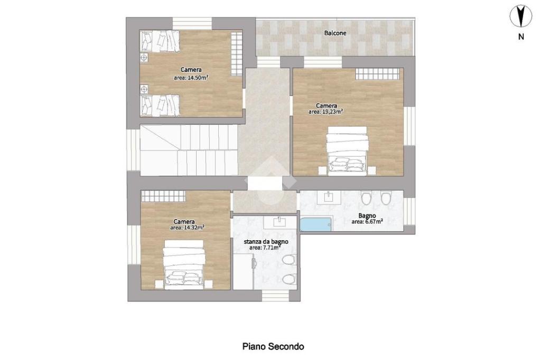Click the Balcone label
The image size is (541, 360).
point(335,33)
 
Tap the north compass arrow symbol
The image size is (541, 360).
point(521,16)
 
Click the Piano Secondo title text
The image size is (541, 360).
point(273,346)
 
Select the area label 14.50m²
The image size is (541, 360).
point(191,78)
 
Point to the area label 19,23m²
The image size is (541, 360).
point(325,112)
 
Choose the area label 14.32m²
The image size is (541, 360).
point(188,228)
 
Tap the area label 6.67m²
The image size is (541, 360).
point(367,222)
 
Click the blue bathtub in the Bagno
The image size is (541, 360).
point(316,224)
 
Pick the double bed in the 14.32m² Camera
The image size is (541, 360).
point(184,263)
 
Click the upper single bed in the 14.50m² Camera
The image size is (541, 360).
point(160,41)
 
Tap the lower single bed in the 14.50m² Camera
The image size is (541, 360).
point(160,106)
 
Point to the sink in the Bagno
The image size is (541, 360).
point(329,197)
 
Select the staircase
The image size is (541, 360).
point(189,150)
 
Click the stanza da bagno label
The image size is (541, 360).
point(266,242)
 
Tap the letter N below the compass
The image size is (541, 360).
point(521,36)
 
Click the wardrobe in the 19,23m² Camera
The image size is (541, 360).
point(377,74)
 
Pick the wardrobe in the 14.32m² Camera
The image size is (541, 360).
point(163,196)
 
